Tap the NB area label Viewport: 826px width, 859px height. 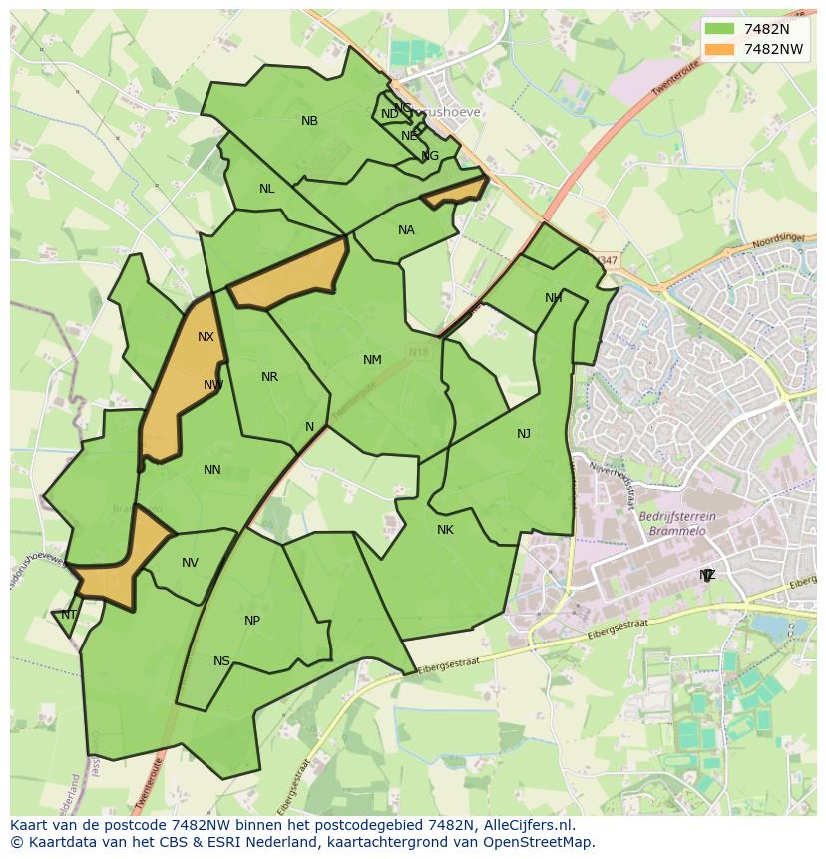click(310, 121)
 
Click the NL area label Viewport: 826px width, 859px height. click(267, 189)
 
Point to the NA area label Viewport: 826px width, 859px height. click(406, 230)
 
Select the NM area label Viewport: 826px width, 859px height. click(372, 360)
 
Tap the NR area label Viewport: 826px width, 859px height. click(269, 377)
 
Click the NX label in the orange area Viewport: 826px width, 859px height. click(206, 337)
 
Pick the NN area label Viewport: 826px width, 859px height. click(212, 470)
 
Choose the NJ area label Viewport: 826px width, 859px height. click(524, 433)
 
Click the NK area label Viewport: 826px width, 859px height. click(445, 530)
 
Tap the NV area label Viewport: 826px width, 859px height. click(190, 563)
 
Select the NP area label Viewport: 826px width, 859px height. click(252, 621)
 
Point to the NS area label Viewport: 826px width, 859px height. click(221, 661)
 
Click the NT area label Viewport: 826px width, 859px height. click(69, 615)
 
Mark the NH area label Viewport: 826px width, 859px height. click(554, 298)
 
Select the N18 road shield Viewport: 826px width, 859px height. click(418, 352)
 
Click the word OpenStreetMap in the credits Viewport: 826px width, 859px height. click(538, 842)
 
